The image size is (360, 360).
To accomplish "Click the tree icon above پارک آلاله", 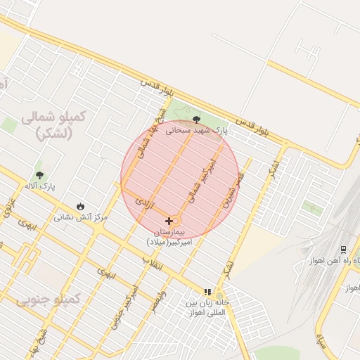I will coord(39,174).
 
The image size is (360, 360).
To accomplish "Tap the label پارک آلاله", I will coord(40,186).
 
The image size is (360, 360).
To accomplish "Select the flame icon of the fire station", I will coord(81,207).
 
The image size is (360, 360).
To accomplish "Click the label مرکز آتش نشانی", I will coord(81,218).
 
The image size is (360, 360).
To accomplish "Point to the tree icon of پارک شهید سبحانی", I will coord(195,120).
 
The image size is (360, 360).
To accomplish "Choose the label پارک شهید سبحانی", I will coord(197,130).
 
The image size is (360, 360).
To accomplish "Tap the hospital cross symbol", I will coord(169,221).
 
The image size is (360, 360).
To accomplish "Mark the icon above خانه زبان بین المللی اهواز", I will coord(207,292).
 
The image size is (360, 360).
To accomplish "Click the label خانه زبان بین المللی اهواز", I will coord(208,307).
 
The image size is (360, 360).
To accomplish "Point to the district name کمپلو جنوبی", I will coord(49,301).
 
